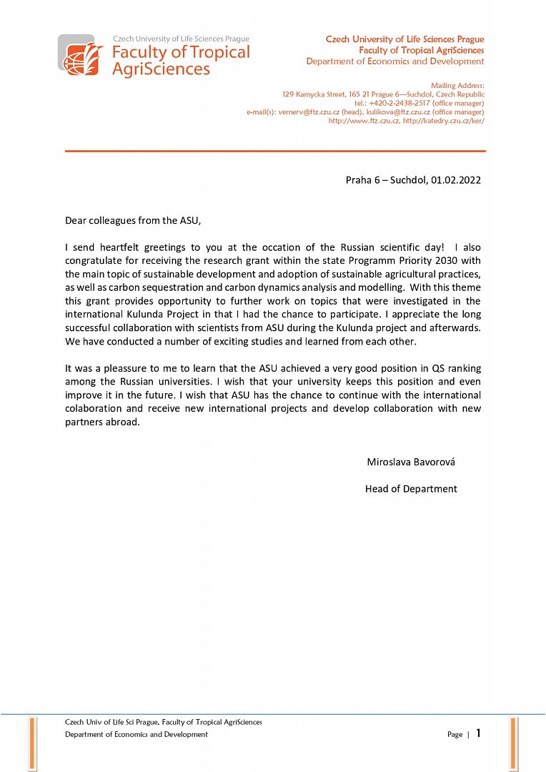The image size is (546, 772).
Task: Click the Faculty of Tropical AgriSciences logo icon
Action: coord(81,56)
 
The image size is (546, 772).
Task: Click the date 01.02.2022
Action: coord(456,181)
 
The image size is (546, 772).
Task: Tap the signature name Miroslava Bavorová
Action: coord(411,462)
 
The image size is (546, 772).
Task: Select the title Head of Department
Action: coord(411,489)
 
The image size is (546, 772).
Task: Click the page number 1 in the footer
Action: coord(478,733)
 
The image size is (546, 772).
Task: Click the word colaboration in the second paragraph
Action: coord(94,409)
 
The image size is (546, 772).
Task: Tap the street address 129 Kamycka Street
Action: coord(314,94)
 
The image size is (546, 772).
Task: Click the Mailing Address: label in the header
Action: coord(458,86)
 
